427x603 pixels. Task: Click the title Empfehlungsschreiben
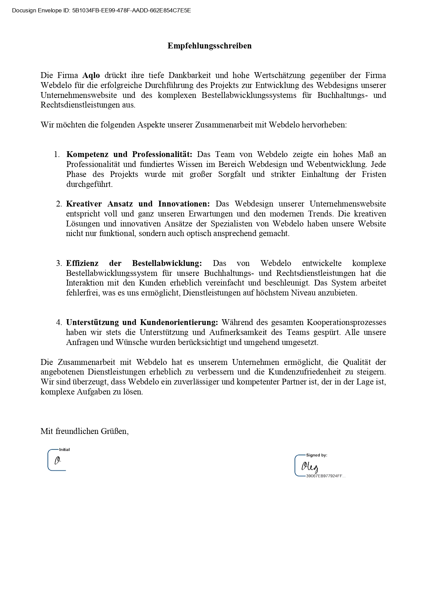[210, 46]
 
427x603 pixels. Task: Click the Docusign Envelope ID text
[101, 11]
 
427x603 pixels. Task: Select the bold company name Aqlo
[91, 75]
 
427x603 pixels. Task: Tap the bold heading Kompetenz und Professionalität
[129, 154]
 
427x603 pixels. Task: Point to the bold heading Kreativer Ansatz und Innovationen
[138, 204]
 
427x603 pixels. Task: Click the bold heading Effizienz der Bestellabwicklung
[134, 263]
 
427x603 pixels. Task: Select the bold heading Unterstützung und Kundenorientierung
[142, 322]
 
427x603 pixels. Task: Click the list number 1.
[57, 154]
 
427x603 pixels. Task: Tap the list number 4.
[59, 322]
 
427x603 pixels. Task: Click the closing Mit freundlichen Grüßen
[84, 431]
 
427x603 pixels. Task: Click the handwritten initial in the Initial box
[57, 460]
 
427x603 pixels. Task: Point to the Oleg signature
[310, 467]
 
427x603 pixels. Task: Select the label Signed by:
[317, 455]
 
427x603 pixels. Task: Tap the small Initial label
[64, 449]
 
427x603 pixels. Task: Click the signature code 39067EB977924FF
[325, 476]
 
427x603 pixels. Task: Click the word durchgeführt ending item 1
[89, 184]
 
